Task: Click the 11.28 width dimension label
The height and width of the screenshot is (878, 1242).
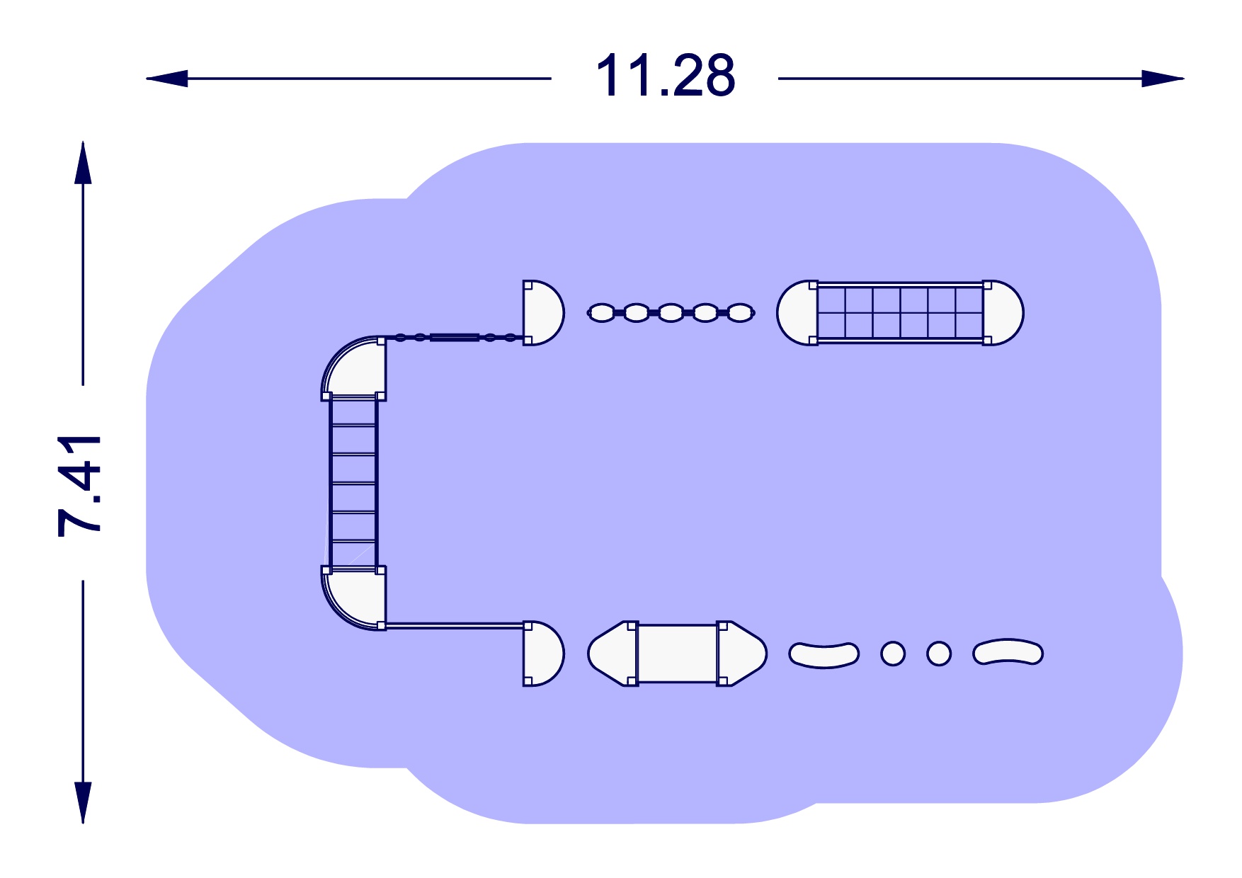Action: point(666,75)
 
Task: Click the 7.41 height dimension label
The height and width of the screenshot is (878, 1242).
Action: point(80,485)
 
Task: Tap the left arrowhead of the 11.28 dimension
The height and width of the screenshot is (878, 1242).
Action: point(167,79)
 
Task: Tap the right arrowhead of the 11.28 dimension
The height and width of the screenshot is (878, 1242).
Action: point(1163,79)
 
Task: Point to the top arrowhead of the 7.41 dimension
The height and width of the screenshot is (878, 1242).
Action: point(83,162)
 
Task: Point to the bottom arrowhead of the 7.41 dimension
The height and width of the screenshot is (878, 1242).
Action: point(83,802)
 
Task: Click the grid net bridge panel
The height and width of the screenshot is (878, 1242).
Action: point(900,312)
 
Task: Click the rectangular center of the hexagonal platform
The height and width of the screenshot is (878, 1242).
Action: point(678,654)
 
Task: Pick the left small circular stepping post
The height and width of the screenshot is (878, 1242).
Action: point(893,654)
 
